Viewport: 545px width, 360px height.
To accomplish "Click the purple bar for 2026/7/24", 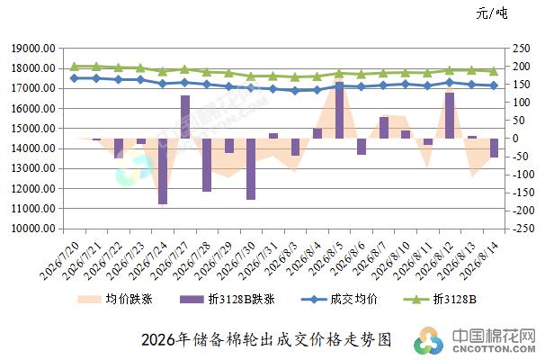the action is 163,171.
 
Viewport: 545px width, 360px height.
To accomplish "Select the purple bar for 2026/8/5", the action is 339,111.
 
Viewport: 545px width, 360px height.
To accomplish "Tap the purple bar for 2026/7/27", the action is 185,117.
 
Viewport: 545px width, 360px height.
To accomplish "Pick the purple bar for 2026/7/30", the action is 251,169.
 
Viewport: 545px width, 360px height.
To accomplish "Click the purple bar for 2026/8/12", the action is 450,115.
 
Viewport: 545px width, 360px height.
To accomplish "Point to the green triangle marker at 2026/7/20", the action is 74,66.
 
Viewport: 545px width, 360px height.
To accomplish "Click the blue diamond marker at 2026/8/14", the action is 494,85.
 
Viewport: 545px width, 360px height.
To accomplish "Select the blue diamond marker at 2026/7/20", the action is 74,78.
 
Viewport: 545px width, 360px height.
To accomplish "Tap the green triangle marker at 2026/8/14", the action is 494,71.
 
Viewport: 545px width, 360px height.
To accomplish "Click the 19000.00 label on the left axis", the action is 33,49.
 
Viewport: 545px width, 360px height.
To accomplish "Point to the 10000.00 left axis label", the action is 33,229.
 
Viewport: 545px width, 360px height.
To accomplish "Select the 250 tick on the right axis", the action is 522,49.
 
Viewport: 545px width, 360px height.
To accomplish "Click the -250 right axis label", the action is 519,229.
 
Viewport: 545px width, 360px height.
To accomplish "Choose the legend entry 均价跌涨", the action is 115,299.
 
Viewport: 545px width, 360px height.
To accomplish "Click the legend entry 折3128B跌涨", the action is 228,299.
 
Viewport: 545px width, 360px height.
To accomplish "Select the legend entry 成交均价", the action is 339,299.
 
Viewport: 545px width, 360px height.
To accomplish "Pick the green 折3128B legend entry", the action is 440,299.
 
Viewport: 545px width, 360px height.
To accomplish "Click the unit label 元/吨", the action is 492,13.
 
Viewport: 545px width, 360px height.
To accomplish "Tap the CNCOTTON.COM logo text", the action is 494,348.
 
